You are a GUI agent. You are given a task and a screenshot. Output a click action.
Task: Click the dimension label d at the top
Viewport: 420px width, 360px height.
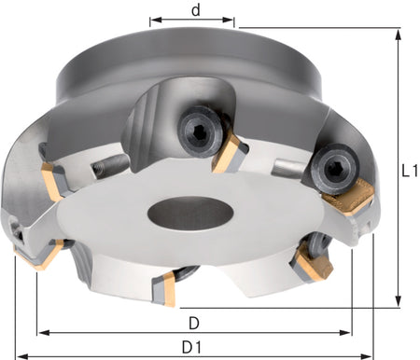tap(196, 10)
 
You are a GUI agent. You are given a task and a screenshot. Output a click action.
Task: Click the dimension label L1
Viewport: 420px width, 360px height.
tap(410, 171)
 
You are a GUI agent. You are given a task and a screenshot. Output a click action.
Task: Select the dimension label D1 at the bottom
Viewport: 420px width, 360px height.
tap(191, 347)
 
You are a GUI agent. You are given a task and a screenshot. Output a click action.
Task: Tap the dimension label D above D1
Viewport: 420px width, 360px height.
tap(194, 324)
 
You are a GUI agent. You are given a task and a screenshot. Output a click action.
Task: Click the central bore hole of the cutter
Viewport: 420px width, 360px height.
tap(190, 214)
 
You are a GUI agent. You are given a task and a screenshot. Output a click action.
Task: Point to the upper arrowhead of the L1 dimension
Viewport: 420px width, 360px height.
tap(398, 35)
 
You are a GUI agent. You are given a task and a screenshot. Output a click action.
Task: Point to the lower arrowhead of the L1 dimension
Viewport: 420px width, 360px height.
tap(398, 301)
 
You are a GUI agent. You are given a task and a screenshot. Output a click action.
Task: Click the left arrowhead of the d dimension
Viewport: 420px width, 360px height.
tap(156, 20)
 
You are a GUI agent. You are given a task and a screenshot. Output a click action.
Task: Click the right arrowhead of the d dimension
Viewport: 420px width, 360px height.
tap(228, 20)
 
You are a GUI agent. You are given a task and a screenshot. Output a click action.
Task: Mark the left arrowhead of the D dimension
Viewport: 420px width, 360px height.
tap(44, 333)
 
